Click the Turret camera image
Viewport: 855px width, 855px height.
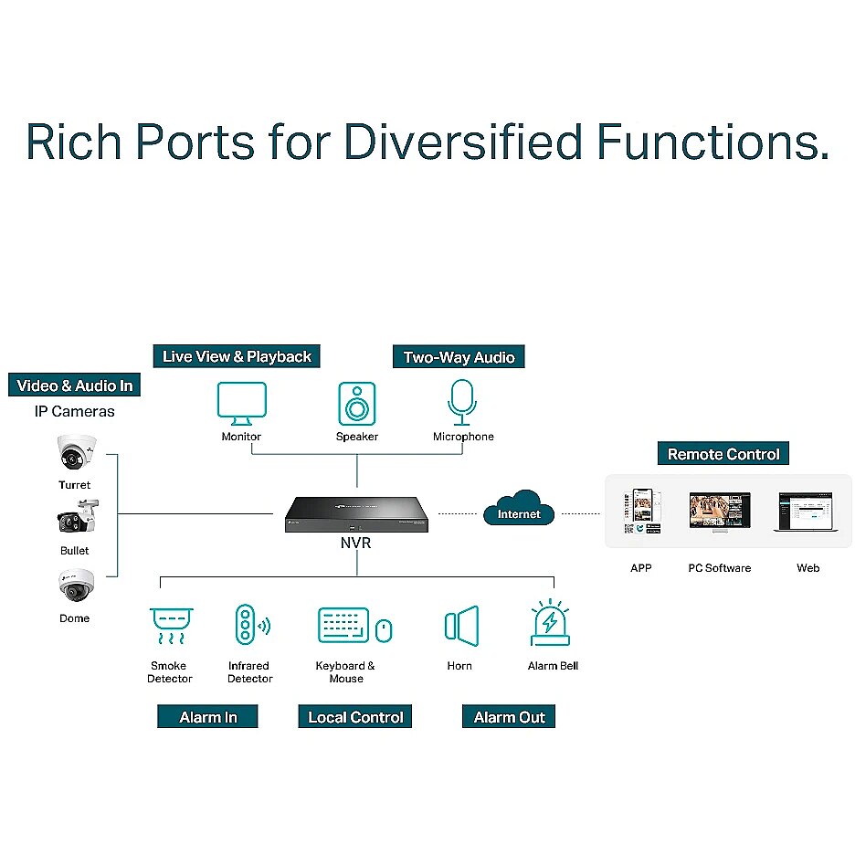tap(77, 452)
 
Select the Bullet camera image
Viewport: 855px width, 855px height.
tap(78, 517)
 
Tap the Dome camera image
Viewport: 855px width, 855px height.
tap(77, 586)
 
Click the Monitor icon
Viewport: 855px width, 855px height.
tap(241, 404)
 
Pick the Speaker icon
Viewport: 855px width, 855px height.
tap(357, 404)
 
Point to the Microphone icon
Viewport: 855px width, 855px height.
tap(462, 403)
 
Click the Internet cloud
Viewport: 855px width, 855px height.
tap(519, 508)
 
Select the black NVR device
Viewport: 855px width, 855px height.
tap(356, 514)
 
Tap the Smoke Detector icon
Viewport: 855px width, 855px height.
tap(171, 626)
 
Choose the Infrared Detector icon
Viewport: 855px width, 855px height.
tap(252, 624)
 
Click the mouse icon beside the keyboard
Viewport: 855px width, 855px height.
tap(384, 631)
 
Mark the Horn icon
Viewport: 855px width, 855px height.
tap(462, 626)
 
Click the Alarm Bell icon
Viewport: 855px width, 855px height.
tap(550, 623)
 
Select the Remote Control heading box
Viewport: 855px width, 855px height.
tap(723, 454)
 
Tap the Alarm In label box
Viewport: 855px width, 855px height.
tap(207, 716)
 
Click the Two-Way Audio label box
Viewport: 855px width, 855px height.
tap(459, 356)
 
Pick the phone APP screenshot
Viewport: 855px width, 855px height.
tap(642, 512)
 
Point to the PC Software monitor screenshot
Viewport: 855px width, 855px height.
tap(720, 512)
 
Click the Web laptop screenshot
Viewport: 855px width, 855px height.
tap(806, 512)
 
